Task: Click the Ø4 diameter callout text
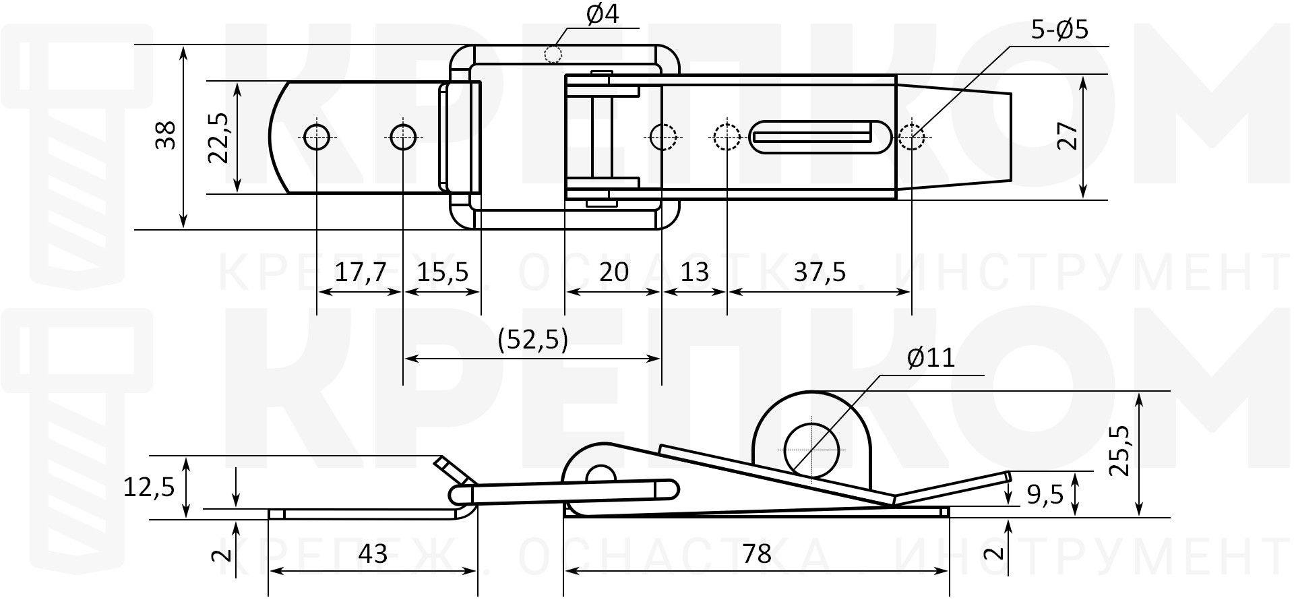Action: [x=602, y=15]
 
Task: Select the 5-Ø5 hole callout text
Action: [x=1059, y=30]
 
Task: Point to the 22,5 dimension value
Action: [x=220, y=138]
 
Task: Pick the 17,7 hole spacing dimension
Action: [x=361, y=272]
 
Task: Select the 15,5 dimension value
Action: [x=443, y=272]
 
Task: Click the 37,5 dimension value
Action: [x=820, y=272]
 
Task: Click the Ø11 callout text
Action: [x=931, y=357]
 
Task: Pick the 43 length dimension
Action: [x=373, y=553]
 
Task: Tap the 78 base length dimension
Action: [x=756, y=553]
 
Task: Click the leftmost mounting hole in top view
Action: [x=316, y=137]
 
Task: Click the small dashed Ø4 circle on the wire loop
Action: [x=553, y=54]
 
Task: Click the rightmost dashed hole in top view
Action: [x=911, y=138]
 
